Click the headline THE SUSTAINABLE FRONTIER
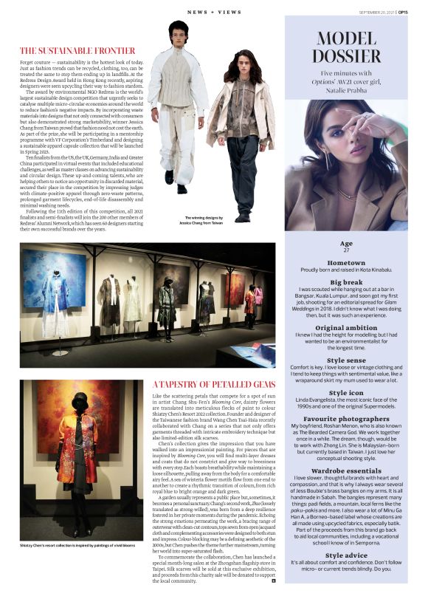tap(77, 51)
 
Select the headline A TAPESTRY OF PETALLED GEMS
tap(213, 385)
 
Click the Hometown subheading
tap(346, 263)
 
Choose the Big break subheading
tap(346, 282)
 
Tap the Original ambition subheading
tap(346, 327)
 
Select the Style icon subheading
tap(346, 393)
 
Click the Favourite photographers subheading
tap(346, 419)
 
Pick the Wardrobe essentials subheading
tap(346, 470)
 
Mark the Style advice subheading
tap(346, 555)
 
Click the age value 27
tap(346, 250)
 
